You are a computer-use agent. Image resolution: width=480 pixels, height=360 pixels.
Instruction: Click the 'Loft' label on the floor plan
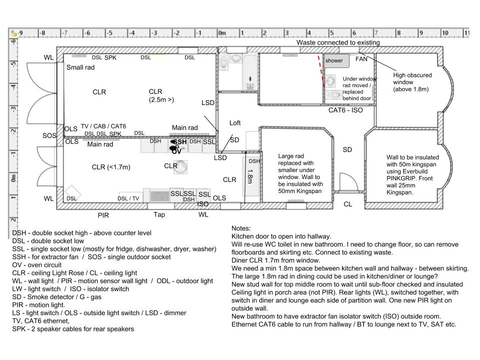pos(235,122)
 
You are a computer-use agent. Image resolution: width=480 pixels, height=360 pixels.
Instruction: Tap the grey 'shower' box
pos(334,60)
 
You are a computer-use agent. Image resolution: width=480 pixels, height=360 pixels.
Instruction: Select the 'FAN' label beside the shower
pos(361,59)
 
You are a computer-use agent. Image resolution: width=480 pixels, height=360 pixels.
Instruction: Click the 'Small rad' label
pos(80,67)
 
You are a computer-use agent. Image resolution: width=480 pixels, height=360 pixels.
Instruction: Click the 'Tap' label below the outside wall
pos(159,214)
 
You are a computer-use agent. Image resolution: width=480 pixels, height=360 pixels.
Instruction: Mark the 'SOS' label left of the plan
pos(49,135)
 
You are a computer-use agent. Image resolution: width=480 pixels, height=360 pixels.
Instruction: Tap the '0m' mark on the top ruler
pos(222,33)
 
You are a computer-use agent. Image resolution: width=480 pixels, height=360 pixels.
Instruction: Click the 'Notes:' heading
pos(242,227)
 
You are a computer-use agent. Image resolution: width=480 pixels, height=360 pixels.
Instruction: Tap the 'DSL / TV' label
pos(128,198)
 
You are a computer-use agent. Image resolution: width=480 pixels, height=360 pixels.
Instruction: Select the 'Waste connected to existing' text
pos(338,42)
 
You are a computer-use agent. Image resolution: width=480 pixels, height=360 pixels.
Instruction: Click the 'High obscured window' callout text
pos(412,82)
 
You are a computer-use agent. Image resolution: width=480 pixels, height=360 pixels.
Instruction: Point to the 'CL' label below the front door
pos(347,204)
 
